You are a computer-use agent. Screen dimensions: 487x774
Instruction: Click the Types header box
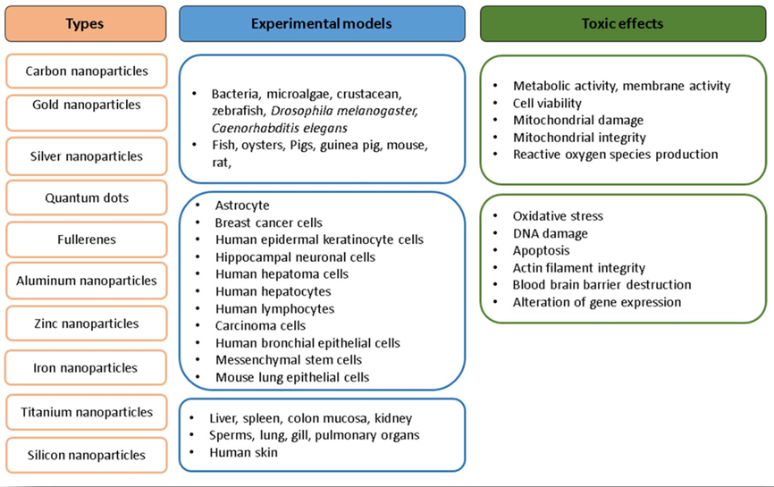point(85,23)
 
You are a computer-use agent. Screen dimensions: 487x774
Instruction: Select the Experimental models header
point(322,23)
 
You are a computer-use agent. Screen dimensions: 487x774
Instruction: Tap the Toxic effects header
point(622,23)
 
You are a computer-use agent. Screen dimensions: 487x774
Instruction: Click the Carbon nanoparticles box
point(86,71)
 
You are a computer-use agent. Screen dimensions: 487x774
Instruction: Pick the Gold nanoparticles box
point(86,105)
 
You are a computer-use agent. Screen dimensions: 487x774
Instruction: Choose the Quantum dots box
point(86,198)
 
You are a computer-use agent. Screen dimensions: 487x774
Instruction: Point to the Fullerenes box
point(86,239)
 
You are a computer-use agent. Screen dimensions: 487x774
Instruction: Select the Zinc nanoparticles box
point(86,323)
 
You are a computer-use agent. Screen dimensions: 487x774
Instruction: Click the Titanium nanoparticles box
point(86,413)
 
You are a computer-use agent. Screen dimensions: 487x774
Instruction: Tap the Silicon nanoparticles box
point(86,455)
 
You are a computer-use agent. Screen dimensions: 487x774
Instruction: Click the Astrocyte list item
point(242,206)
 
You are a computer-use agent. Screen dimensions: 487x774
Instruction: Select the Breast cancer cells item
point(268,223)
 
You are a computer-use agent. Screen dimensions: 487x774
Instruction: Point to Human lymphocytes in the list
point(274,308)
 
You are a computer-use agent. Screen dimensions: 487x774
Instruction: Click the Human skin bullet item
point(243,452)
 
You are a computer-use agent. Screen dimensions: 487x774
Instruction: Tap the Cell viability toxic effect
point(547,103)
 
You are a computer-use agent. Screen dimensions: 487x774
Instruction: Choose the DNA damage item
point(550,233)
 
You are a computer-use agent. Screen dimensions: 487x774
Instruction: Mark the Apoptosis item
point(541,250)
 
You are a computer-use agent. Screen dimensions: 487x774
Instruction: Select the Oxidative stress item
point(558,216)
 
